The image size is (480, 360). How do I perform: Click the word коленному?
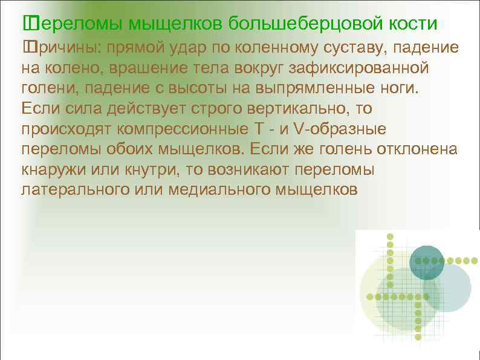(259, 47)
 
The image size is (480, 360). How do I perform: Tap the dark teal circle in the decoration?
(427, 263)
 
